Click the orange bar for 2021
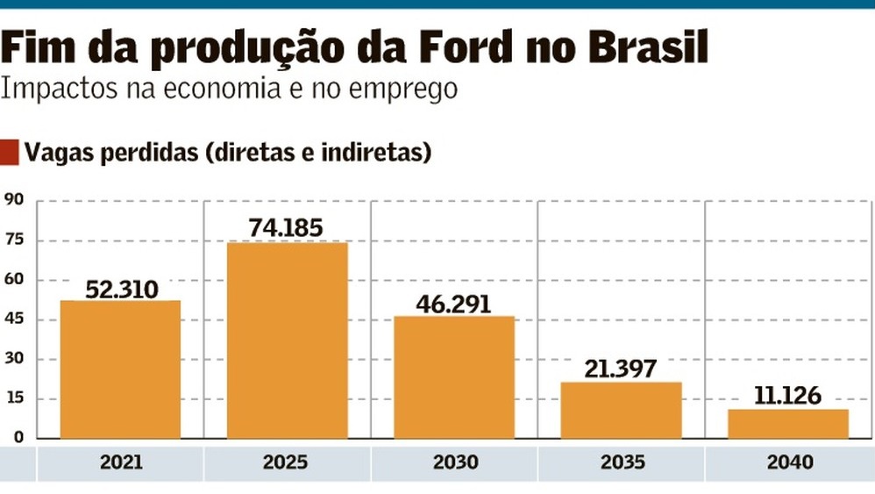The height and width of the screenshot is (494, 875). [x=120, y=369]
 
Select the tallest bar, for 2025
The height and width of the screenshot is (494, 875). [x=288, y=340]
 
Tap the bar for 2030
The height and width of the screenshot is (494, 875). [x=454, y=376]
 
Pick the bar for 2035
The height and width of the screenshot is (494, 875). [x=622, y=410]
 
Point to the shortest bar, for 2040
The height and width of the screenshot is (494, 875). [x=788, y=423]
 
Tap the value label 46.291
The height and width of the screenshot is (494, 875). [x=454, y=304]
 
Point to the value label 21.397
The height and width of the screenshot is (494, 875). [x=621, y=369]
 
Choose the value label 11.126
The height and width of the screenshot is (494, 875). [x=787, y=396]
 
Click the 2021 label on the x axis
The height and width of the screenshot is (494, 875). [x=121, y=462]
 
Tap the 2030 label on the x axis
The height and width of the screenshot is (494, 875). [x=454, y=462]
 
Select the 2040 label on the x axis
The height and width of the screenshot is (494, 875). [x=788, y=462]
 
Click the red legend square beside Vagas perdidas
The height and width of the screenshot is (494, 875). [x=9, y=152]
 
